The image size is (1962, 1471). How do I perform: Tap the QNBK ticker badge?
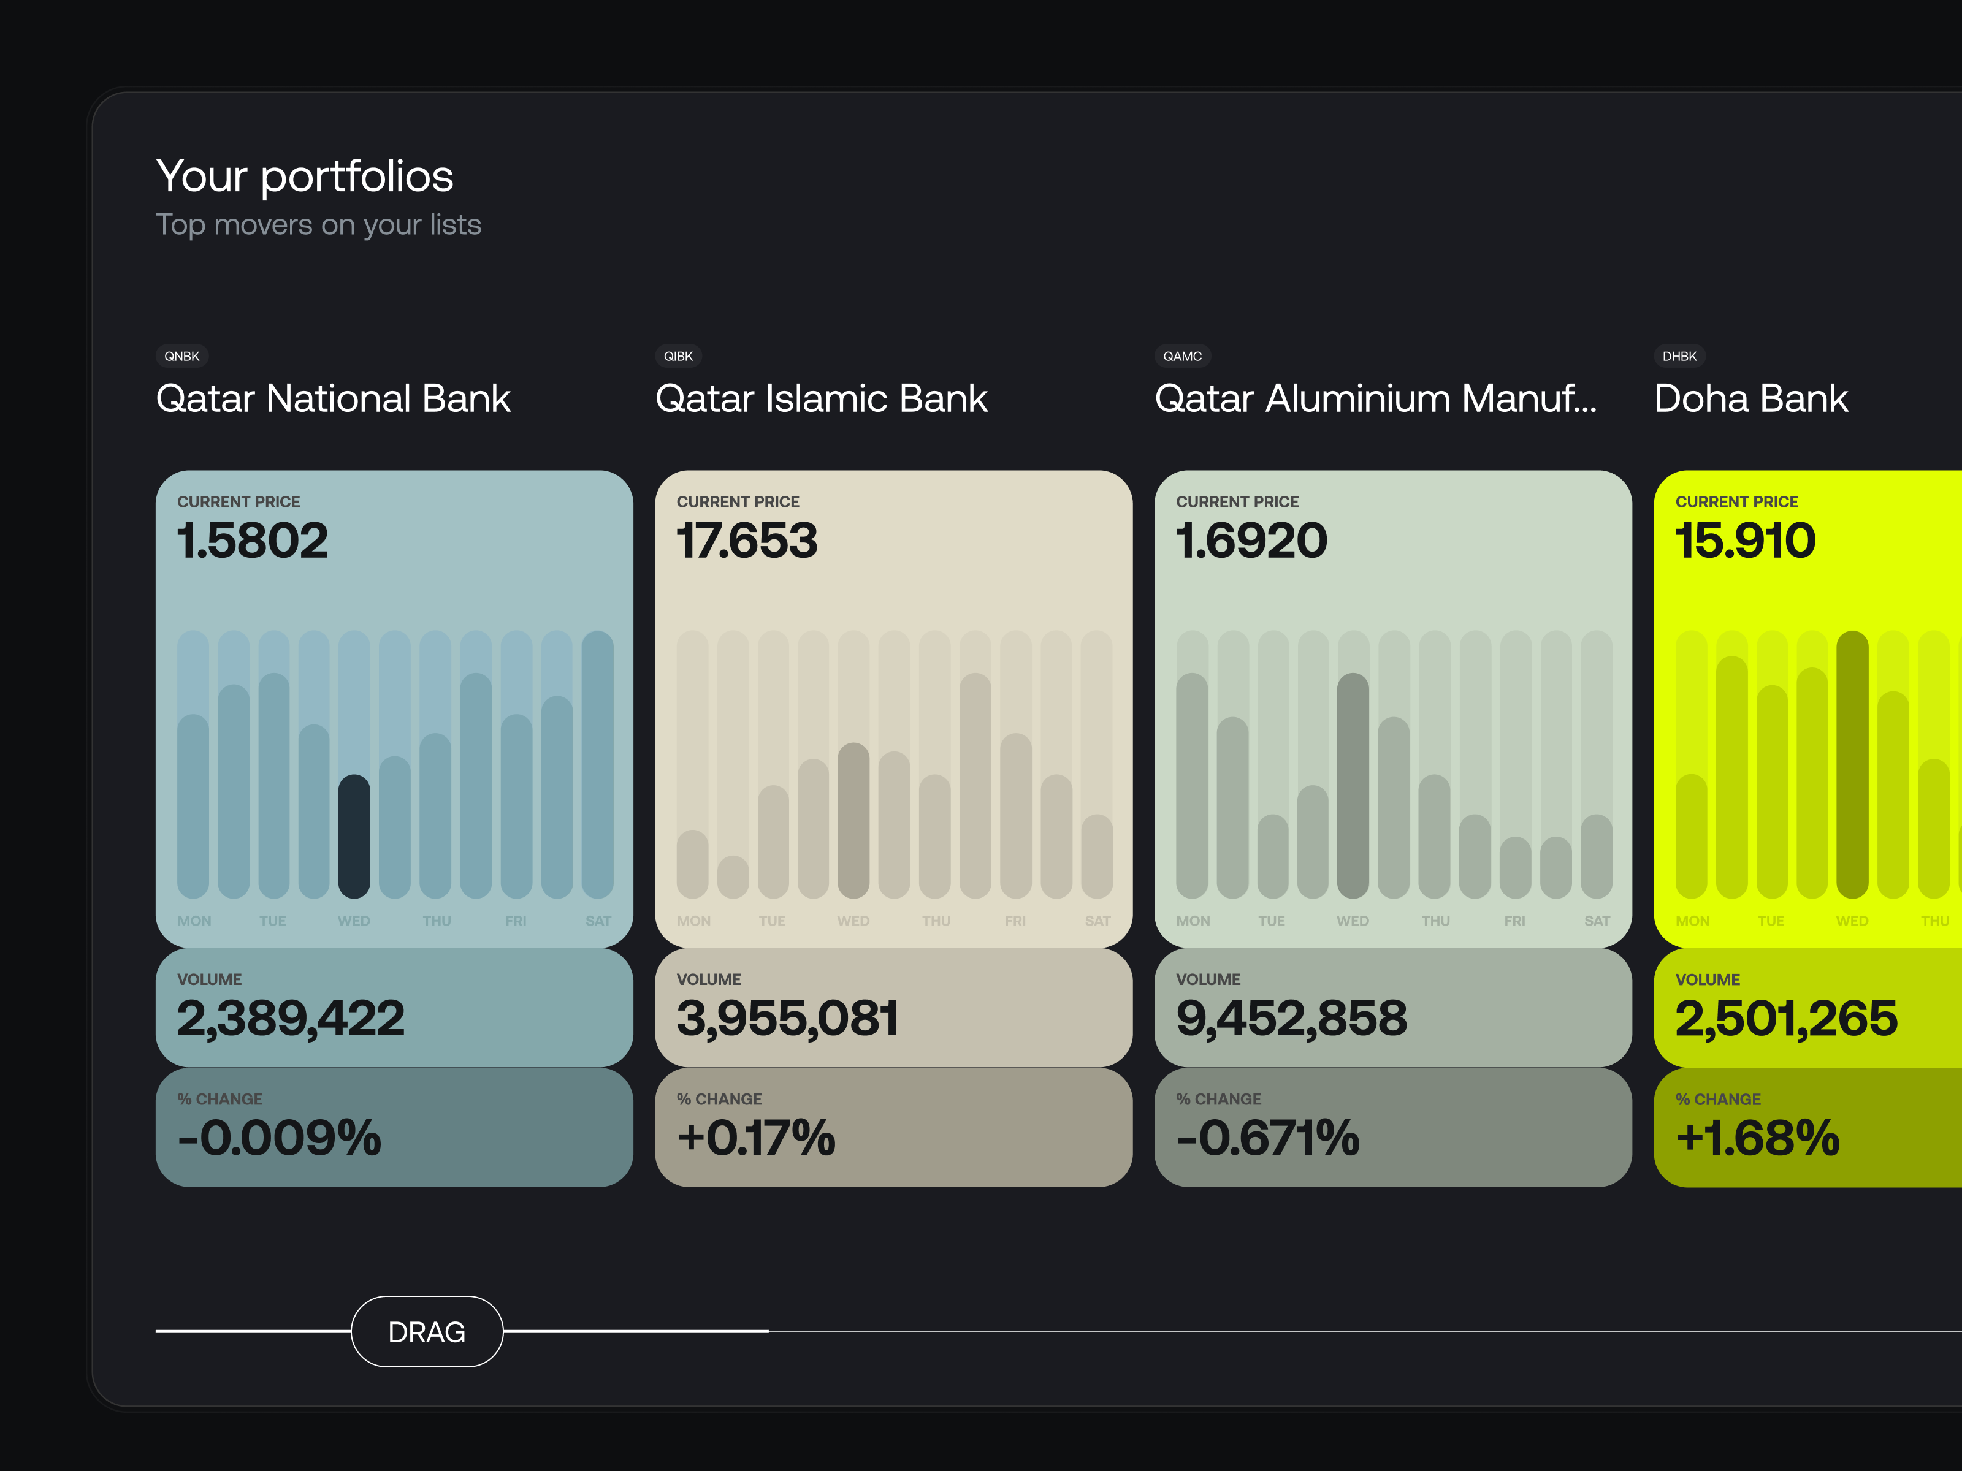(182, 355)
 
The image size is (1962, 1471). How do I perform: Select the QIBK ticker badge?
(679, 355)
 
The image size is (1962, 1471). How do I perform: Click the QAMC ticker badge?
(1182, 355)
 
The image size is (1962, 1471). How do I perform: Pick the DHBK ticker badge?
(1679, 355)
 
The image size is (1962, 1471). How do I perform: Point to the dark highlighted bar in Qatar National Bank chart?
(354, 835)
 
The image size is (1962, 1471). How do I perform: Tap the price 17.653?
(747, 540)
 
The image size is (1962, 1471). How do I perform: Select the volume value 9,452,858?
(1291, 1018)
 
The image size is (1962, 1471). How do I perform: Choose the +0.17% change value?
(756, 1138)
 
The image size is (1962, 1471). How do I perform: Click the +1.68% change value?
(1758, 1138)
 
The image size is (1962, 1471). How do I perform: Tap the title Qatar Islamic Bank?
(820, 398)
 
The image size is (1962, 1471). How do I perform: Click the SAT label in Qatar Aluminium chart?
(1597, 921)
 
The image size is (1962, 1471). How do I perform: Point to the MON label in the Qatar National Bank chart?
(194, 921)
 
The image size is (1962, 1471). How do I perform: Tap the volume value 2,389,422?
(291, 1018)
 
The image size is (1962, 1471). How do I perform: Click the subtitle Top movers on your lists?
(318, 224)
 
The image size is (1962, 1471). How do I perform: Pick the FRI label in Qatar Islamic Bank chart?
(1015, 921)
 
